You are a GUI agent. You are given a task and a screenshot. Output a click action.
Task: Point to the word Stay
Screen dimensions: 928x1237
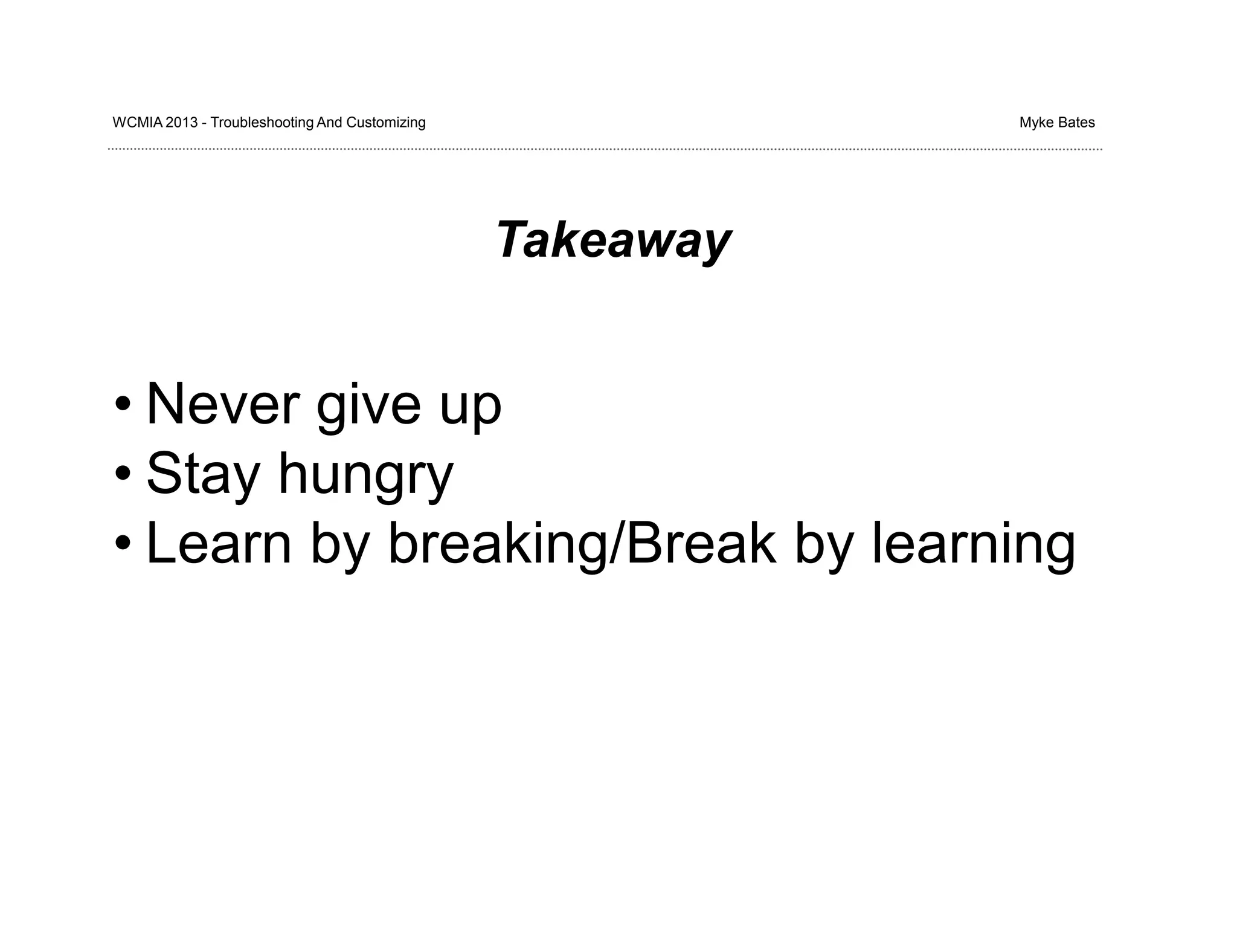(x=203, y=474)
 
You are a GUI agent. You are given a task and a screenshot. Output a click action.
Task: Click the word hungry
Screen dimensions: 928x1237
(x=365, y=475)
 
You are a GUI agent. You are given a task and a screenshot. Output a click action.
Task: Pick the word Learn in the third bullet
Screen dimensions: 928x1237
(x=219, y=543)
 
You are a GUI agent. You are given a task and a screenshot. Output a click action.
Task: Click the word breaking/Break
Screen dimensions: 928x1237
(x=582, y=543)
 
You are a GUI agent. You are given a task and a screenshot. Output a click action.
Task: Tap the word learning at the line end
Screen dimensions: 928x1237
(x=973, y=543)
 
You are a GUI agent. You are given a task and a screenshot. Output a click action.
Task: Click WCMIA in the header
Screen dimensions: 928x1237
(x=137, y=123)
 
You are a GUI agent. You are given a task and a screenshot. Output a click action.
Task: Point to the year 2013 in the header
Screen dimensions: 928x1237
(x=181, y=123)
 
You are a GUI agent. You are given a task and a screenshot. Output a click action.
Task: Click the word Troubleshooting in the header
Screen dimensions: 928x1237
(x=262, y=123)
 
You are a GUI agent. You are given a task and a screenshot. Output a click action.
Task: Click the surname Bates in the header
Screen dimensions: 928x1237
(x=1076, y=123)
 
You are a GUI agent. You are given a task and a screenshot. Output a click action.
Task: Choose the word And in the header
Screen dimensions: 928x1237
(x=330, y=123)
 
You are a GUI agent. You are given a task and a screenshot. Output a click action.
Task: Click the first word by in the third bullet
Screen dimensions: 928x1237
(x=339, y=544)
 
